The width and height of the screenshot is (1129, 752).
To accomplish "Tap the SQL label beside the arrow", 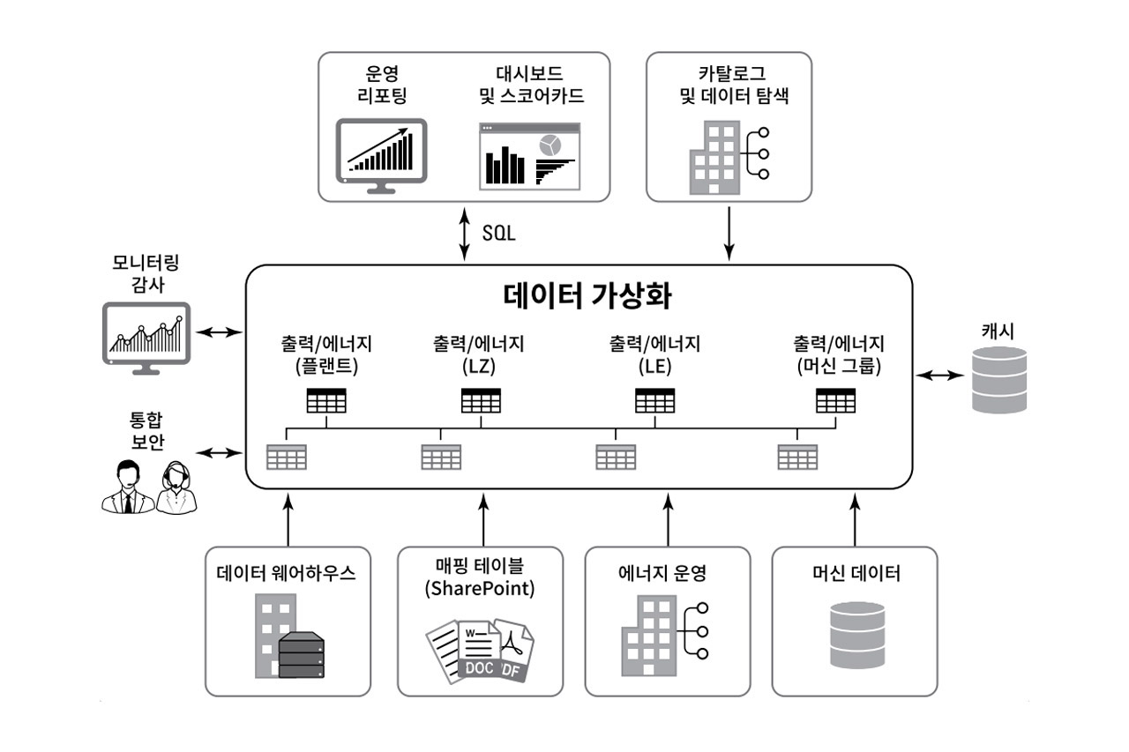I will coord(498,235).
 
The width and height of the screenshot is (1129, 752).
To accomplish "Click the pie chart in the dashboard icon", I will coord(551,145).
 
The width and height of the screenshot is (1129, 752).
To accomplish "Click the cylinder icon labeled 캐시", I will coord(999,380).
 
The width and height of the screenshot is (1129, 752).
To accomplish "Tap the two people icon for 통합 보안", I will coord(148,487).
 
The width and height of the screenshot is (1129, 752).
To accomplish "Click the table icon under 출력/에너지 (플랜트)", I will coord(326,400).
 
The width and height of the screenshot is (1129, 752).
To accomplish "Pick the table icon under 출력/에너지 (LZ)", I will coord(481,400).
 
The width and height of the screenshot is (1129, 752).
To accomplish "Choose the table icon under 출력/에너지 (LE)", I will coord(654,400).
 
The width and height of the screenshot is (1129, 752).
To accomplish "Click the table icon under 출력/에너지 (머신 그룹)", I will coord(835,400).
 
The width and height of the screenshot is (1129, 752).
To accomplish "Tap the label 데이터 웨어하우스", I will coord(287,574).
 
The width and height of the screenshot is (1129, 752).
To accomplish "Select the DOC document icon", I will coord(477,653).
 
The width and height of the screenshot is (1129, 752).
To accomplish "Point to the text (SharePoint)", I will coord(480,589).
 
